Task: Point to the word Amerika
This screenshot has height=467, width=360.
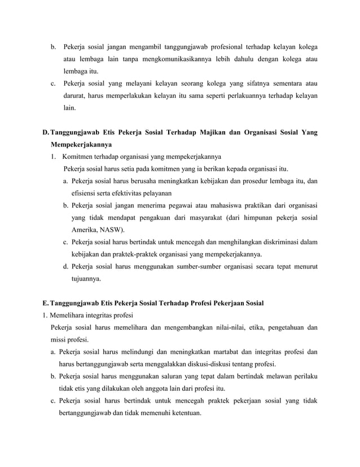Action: click(x=84, y=230)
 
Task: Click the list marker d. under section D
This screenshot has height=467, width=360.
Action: click(x=66, y=266)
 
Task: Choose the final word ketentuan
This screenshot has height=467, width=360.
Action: click(x=184, y=413)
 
